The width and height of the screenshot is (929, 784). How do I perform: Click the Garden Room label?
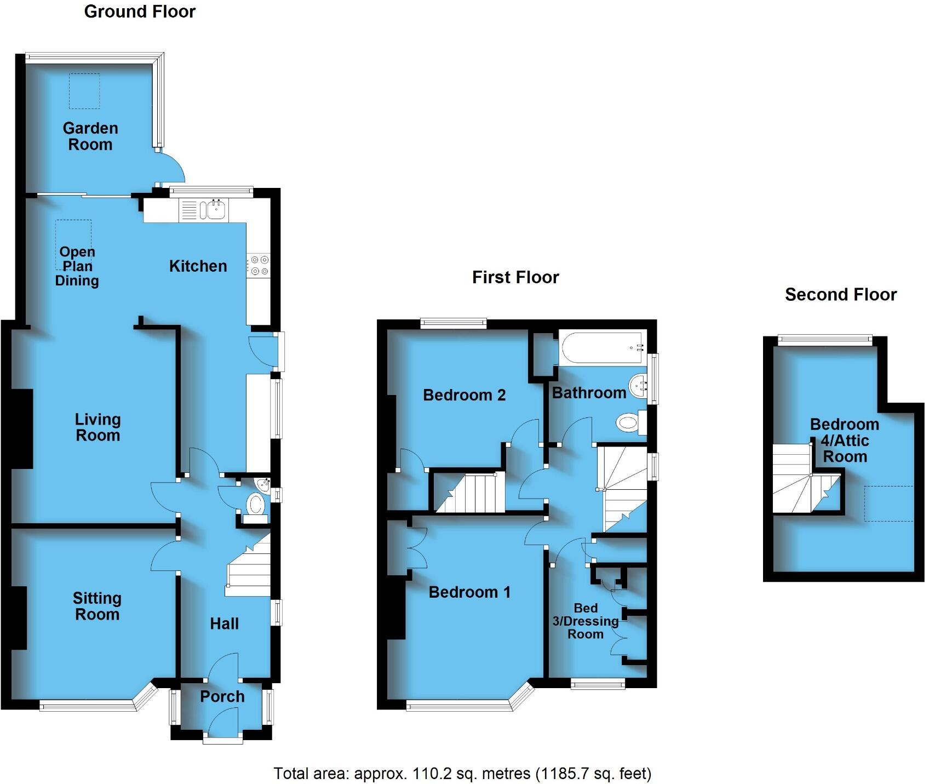pos(90,136)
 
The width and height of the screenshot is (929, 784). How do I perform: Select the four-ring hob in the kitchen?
pos(258,265)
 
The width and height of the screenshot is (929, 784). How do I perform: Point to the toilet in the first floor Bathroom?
pos(629,423)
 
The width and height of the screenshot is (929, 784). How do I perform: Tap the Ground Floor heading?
pos(140,12)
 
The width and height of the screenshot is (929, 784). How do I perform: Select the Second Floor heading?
pos(840,295)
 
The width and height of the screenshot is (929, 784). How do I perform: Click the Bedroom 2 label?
pos(464,395)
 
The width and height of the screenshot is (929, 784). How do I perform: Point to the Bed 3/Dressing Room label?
pos(585,621)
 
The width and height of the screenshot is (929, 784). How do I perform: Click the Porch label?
pos(222,696)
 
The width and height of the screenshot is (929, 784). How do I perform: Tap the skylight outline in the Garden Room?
pos(84,91)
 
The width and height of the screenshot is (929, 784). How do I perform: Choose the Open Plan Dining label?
pos(77,266)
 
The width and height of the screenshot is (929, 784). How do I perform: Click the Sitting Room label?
pos(97,606)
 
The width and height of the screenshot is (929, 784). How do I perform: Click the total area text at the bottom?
pos(462,774)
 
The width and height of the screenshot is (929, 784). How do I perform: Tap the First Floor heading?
pos(515,277)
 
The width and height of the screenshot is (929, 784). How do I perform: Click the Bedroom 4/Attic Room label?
pos(845,440)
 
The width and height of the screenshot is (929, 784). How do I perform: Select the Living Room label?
pos(98,427)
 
